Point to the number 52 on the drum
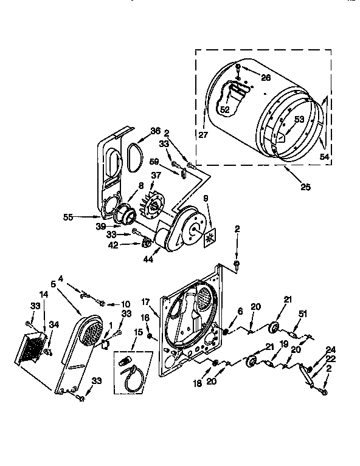pyautogui.click(x=224, y=109)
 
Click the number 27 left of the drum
pyautogui.click(x=202, y=135)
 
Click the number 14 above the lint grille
pyautogui.click(x=43, y=310)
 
